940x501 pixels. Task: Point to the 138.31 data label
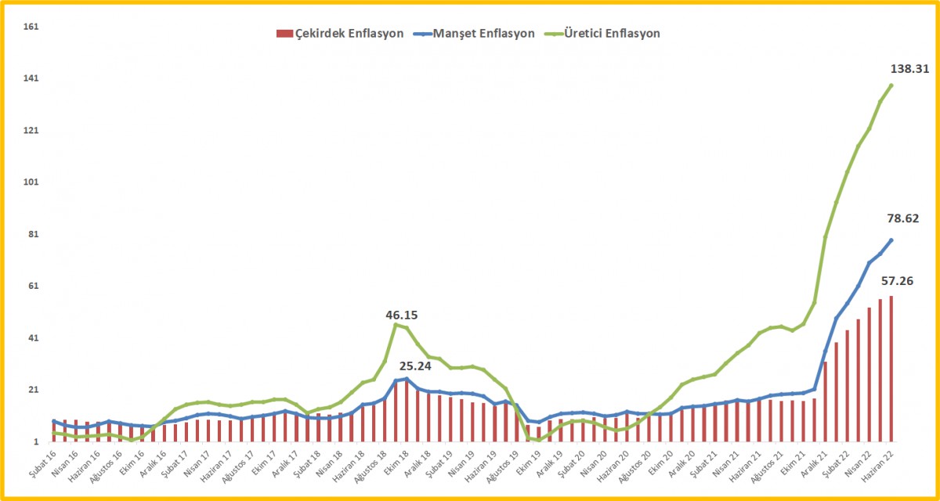[910, 69]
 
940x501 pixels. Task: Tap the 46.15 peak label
[402, 315]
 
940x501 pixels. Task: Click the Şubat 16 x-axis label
[40, 463]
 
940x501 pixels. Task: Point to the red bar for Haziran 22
[891, 368]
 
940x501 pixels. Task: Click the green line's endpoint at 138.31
[891, 85]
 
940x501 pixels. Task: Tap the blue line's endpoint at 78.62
[891, 240]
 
